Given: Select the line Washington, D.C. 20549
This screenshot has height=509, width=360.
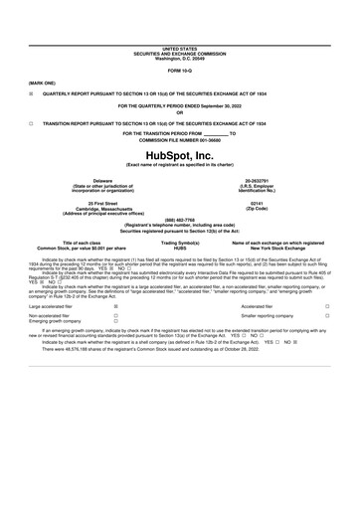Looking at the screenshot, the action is [179, 58].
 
